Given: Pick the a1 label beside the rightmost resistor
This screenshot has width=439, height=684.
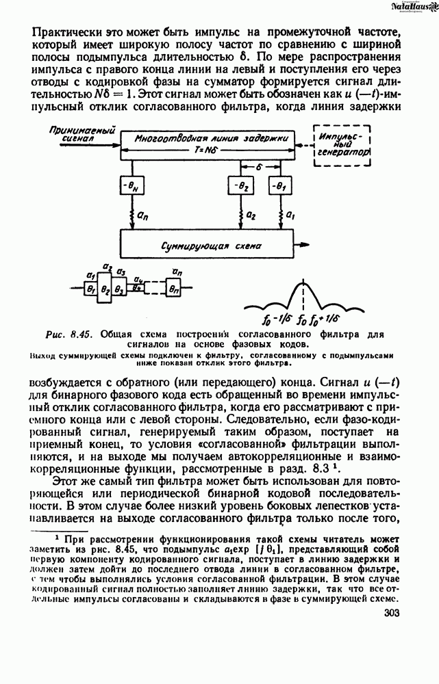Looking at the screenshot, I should click(x=290, y=214).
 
